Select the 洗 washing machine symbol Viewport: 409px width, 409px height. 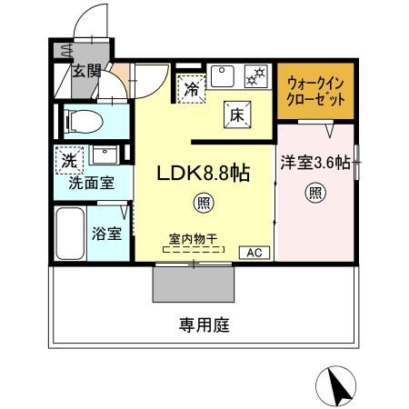click(69, 159)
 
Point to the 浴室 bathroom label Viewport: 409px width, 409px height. click(107, 233)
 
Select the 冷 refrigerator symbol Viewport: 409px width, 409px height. click(193, 89)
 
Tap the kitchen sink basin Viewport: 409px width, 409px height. click(224, 74)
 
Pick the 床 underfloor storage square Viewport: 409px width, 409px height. click(234, 114)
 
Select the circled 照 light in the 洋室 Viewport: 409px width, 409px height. click(315, 192)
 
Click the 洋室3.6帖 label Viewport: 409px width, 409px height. click(315, 163)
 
